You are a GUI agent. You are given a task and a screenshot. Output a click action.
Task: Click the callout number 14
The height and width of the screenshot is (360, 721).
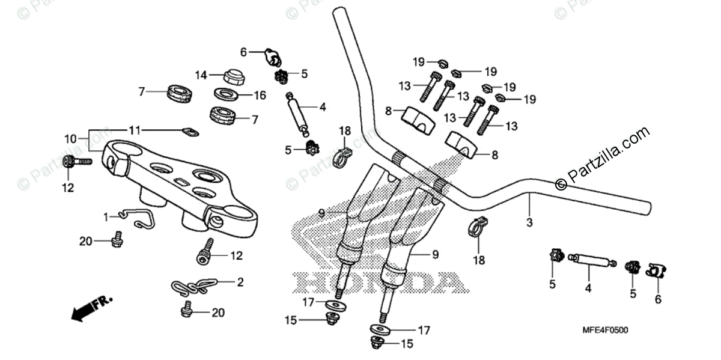[x=201, y=75]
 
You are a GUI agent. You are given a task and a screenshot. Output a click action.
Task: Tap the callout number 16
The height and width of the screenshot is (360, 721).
[x=260, y=96]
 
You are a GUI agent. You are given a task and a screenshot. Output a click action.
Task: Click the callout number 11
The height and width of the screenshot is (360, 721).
[x=136, y=130]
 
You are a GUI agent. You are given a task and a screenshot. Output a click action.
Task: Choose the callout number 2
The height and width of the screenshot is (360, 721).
[x=240, y=281]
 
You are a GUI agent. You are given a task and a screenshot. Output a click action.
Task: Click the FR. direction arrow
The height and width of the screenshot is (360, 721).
[x=90, y=307]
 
